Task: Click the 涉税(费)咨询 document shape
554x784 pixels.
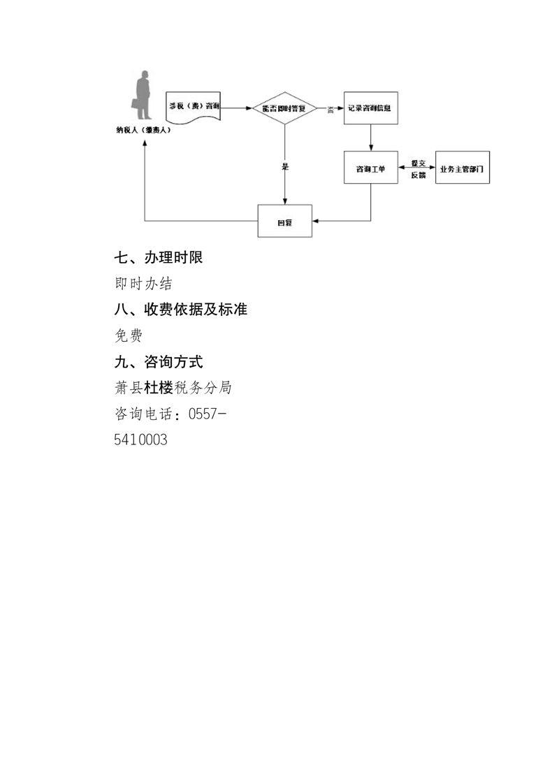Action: click(x=194, y=106)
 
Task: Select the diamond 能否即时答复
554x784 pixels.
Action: click(x=285, y=108)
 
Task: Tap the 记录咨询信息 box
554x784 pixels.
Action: click(x=370, y=108)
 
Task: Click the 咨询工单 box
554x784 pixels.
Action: click(x=370, y=168)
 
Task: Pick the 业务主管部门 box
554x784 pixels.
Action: click(x=462, y=168)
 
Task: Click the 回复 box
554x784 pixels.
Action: click(x=285, y=222)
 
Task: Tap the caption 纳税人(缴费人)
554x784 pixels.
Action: click(x=144, y=131)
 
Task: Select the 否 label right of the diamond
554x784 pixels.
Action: click(x=330, y=110)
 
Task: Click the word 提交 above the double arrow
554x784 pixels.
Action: click(x=418, y=161)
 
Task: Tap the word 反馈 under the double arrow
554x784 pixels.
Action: click(x=418, y=175)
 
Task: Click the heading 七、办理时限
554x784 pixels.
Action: click(x=159, y=258)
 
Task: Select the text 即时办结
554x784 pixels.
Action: click(x=143, y=284)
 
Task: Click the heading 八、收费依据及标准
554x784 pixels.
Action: click(x=181, y=310)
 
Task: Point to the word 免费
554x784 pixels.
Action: click(x=129, y=335)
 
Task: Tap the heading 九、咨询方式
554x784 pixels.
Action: click(x=159, y=362)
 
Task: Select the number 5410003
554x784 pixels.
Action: click(x=140, y=440)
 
